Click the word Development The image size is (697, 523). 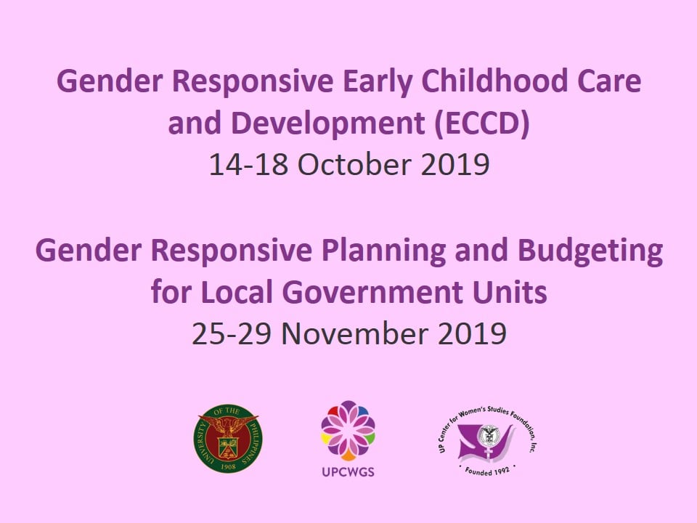tap(328, 123)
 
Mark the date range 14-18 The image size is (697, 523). tap(248, 164)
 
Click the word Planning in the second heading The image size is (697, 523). tap(383, 251)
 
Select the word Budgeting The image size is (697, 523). tap(590, 251)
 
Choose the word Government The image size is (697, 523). tap(372, 292)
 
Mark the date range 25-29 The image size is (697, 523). tap(231, 333)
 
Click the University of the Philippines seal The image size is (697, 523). tap(227, 439)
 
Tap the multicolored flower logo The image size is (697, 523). tap(348, 431)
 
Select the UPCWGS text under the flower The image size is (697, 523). tap(348, 472)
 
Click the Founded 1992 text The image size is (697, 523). tap(487, 471)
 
